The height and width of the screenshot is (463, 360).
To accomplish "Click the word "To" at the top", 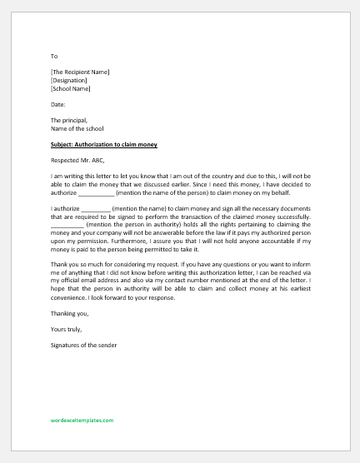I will (x=53, y=57).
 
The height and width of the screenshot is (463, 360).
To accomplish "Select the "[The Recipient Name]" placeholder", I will (x=80, y=72).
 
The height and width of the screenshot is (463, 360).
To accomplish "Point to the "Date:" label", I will (x=57, y=104).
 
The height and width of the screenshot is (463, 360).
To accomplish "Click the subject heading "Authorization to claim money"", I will (x=115, y=145).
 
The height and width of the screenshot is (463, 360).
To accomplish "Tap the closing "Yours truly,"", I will (x=65, y=328).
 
